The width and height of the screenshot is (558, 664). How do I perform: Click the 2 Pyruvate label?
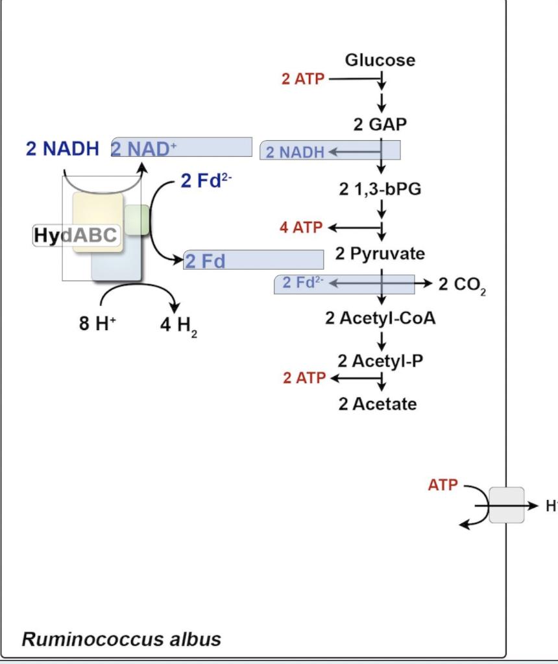point(380,254)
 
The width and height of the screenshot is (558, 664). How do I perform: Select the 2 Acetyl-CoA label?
point(380,319)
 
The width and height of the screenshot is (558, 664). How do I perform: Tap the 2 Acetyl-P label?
point(380,361)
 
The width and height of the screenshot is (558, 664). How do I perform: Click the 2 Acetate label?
point(378,404)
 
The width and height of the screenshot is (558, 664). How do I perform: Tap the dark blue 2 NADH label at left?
point(62,148)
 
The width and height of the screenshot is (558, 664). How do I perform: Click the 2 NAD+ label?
point(144,148)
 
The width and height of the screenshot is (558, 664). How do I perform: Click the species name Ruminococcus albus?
point(121,639)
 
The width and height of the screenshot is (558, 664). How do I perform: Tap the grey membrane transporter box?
point(506,505)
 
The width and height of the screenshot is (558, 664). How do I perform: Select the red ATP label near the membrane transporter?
point(443,484)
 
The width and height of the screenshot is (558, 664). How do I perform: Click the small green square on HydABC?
point(137,219)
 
